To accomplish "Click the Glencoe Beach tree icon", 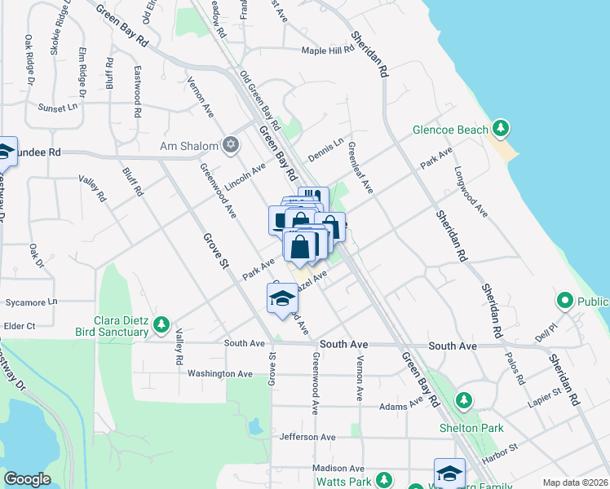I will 500,129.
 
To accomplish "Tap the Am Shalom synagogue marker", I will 231,146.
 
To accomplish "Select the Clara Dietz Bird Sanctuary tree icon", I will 161,326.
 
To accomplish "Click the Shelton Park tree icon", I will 464,400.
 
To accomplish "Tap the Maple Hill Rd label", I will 328,51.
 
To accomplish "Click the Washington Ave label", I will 220,373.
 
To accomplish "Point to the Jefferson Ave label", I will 307,437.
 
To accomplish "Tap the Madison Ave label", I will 338,469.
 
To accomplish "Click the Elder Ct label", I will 20,326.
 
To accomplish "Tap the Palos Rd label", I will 515,367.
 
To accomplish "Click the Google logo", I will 28,479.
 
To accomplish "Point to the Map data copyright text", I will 575,482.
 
